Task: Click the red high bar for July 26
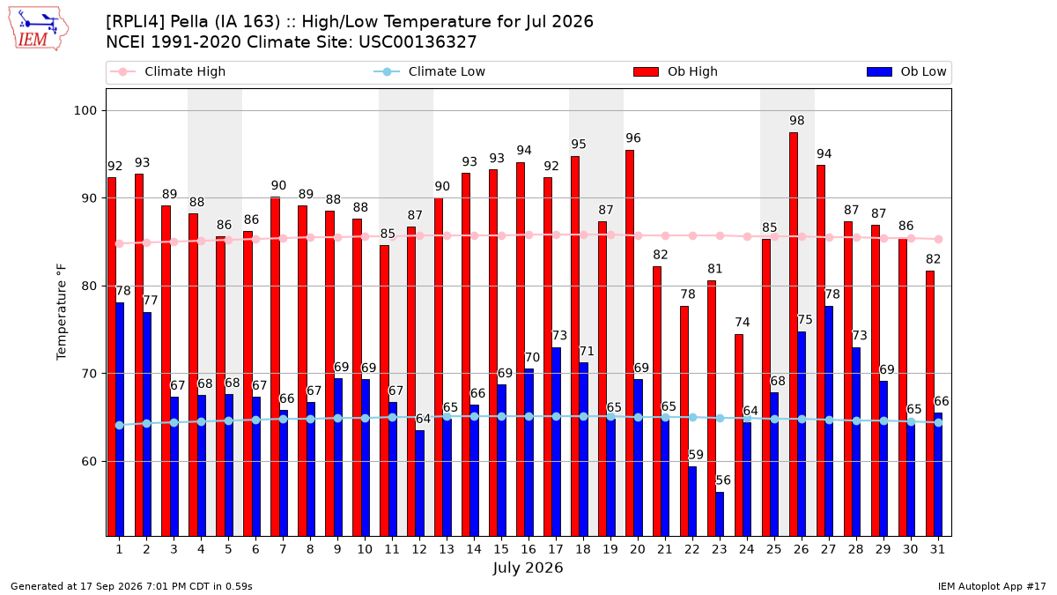pyautogui.click(x=794, y=334)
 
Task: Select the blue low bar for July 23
pyautogui.click(x=720, y=514)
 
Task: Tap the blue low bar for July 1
pyautogui.click(x=120, y=420)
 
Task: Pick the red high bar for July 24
pyautogui.click(x=739, y=435)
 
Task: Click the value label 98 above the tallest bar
pyautogui.click(x=797, y=121)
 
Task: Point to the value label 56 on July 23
pyautogui.click(x=723, y=480)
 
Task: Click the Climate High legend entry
pyautogui.click(x=168, y=71)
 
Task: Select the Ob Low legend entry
pyautogui.click(x=906, y=71)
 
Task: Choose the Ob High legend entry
pyautogui.click(x=676, y=71)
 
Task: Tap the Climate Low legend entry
pyautogui.click(x=430, y=71)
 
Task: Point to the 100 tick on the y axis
pyautogui.click(x=85, y=110)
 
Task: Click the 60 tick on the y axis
pyautogui.click(x=89, y=461)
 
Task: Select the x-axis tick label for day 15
pyautogui.click(x=501, y=550)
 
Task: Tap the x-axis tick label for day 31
pyautogui.click(x=937, y=550)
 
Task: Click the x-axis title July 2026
pyautogui.click(x=528, y=568)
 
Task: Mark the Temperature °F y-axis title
pyautogui.click(x=62, y=312)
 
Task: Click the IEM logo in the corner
pyautogui.click(x=39, y=29)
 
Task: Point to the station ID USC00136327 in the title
pyautogui.click(x=418, y=42)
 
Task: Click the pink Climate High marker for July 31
pyautogui.click(x=939, y=240)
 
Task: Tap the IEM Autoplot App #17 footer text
pyautogui.click(x=992, y=586)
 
